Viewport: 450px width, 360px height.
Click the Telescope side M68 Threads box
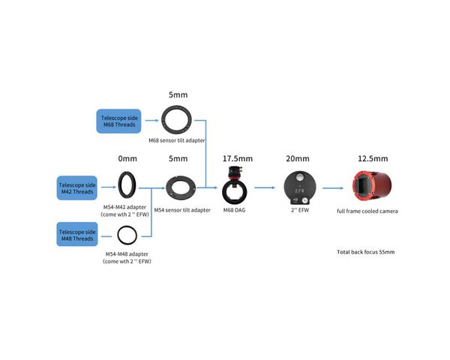(x=118, y=121)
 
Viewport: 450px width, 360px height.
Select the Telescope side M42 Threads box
(x=77, y=188)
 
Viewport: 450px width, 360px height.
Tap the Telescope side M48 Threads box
(x=77, y=234)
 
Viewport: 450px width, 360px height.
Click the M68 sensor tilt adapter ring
(x=163, y=120)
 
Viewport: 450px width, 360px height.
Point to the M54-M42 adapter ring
(x=120, y=185)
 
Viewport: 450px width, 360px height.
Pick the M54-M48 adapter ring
(x=118, y=235)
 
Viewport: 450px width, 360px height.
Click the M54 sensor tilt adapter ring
(x=169, y=188)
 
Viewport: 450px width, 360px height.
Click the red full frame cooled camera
(x=372, y=186)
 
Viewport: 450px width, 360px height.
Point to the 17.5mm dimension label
(x=238, y=158)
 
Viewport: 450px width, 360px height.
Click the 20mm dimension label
(x=298, y=158)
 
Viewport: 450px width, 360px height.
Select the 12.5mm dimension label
(x=373, y=158)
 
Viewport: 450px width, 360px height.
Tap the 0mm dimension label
(x=127, y=158)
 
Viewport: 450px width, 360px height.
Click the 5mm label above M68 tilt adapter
(x=178, y=94)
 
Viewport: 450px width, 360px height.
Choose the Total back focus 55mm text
(x=366, y=252)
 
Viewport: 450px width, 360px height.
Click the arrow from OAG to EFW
(x=265, y=187)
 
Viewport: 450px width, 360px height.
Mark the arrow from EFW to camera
(x=333, y=188)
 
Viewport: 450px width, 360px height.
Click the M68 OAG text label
(x=234, y=210)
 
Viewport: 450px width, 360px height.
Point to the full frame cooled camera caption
(x=367, y=211)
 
